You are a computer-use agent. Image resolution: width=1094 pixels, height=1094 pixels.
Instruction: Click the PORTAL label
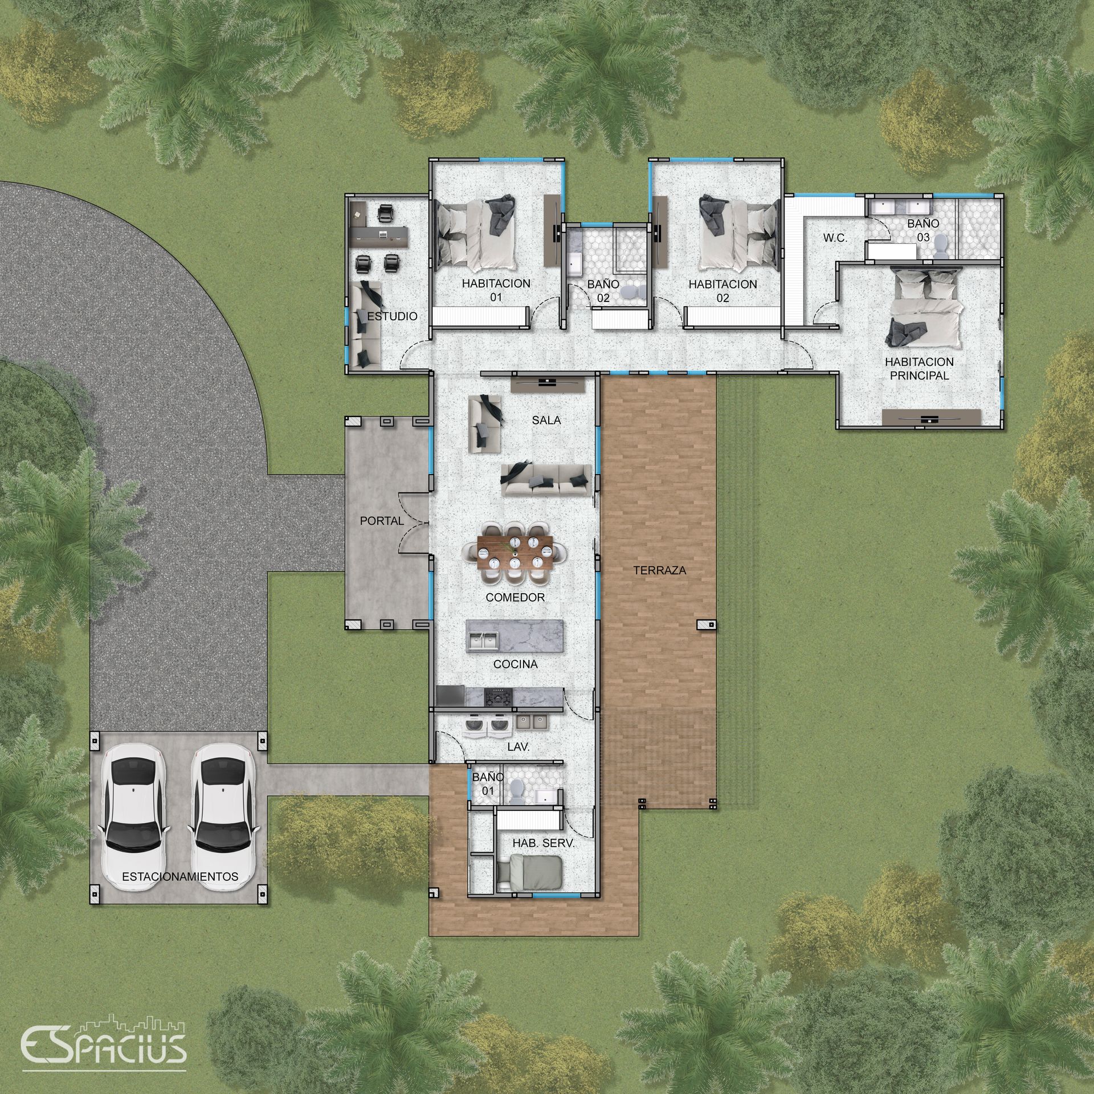(382, 521)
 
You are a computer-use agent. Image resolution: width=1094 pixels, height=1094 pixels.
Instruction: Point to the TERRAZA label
(659, 570)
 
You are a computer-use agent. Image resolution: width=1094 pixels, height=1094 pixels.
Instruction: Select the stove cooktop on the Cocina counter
(498, 696)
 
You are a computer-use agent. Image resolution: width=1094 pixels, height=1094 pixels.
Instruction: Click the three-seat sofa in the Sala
(546, 480)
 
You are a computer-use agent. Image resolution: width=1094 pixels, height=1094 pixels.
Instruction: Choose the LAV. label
(518, 748)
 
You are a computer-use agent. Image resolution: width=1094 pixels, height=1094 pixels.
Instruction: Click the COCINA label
(516, 664)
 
